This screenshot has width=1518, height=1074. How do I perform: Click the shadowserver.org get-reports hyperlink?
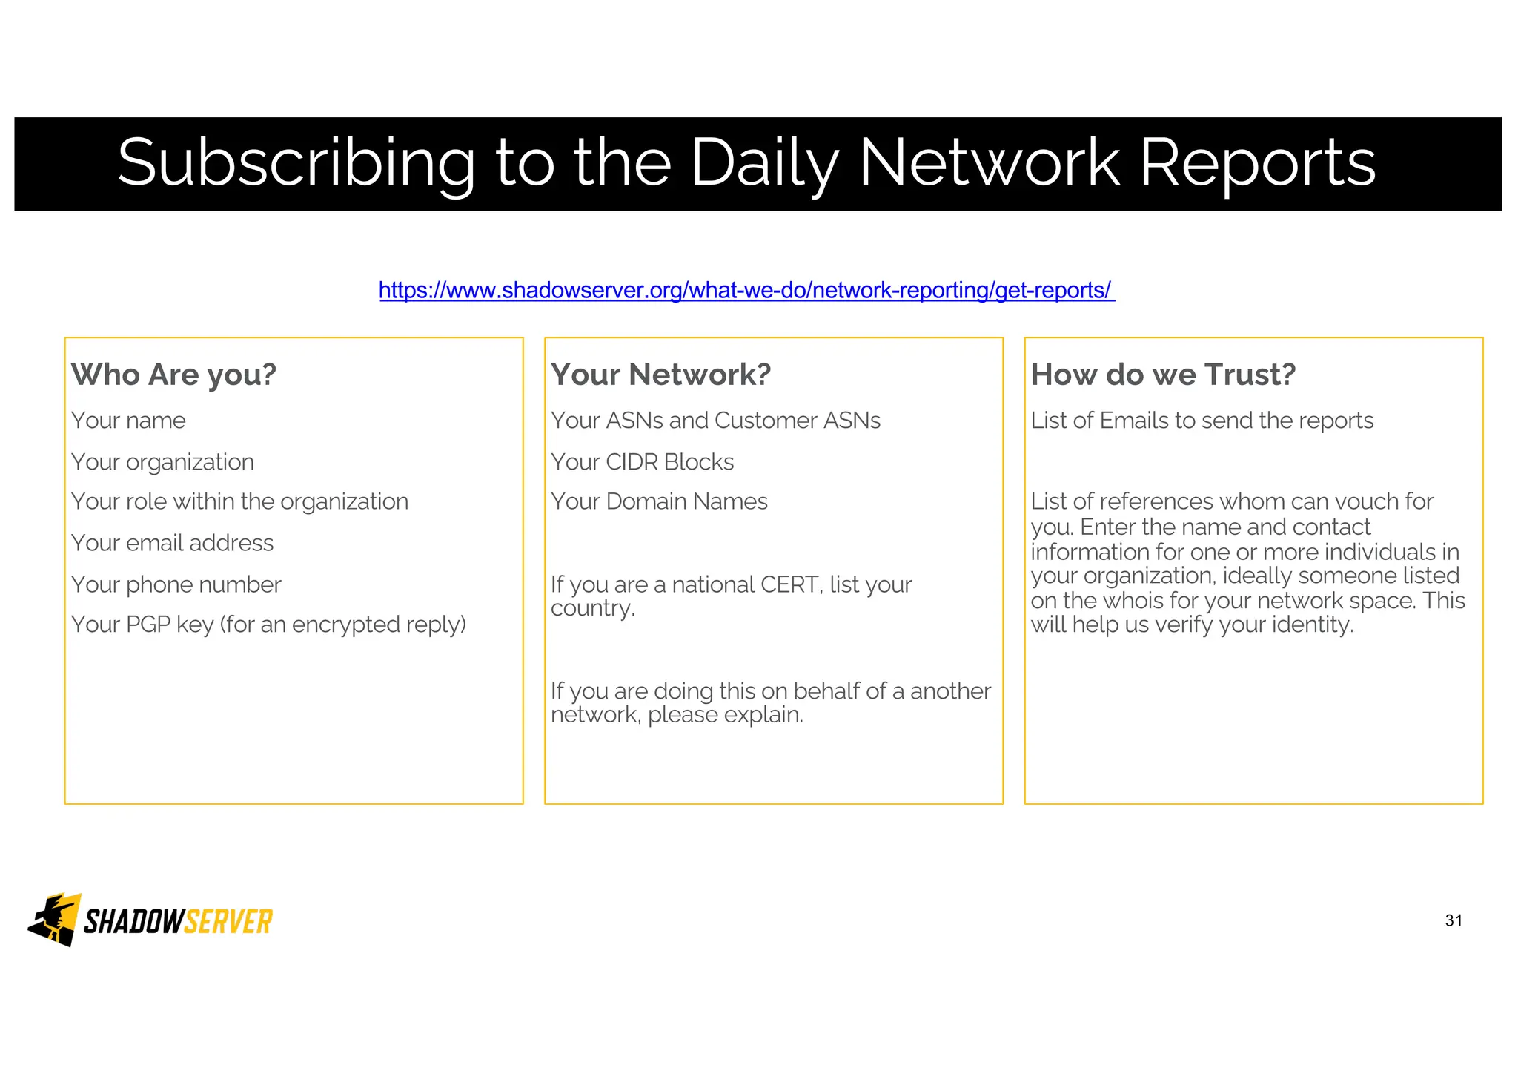[746, 290]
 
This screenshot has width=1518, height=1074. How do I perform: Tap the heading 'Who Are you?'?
[173, 375]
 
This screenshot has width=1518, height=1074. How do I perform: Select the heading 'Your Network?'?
[660, 375]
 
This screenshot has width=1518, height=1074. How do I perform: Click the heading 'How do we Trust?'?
[1162, 375]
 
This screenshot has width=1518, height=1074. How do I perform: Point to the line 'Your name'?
[128, 421]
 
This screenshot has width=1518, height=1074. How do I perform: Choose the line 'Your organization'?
[162, 462]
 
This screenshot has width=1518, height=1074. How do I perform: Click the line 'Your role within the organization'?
[239, 502]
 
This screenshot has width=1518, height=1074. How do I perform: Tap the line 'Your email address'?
[172, 543]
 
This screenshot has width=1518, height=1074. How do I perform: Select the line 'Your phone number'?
[176, 584]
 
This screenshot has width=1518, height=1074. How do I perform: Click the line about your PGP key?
[268, 625]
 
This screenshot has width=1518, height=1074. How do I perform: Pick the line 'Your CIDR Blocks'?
[642, 462]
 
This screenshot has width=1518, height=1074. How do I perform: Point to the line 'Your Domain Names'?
[659, 502]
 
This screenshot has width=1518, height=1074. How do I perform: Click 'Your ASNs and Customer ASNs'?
[715, 421]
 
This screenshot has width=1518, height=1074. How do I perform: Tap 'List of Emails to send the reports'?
[1202, 421]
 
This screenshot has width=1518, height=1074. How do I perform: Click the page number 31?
[1454, 920]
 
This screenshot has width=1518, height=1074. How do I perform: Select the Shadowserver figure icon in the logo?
[54, 920]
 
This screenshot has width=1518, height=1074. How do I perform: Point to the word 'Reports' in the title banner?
[1257, 163]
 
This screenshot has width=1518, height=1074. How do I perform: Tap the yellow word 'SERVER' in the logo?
[228, 922]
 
